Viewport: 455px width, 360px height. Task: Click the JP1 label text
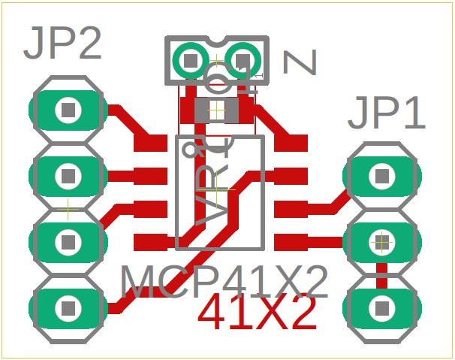point(386,114)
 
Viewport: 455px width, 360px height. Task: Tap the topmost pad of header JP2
point(68,110)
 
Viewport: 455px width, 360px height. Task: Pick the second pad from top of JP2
point(68,176)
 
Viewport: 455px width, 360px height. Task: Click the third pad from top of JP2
point(68,241)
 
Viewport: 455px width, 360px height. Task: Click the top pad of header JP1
point(381,176)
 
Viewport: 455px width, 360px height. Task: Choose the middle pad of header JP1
point(381,242)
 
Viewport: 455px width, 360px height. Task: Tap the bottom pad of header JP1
point(381,307)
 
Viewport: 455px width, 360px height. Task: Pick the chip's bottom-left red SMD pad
point(150,242)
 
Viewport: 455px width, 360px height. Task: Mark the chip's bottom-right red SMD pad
point(291,242)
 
